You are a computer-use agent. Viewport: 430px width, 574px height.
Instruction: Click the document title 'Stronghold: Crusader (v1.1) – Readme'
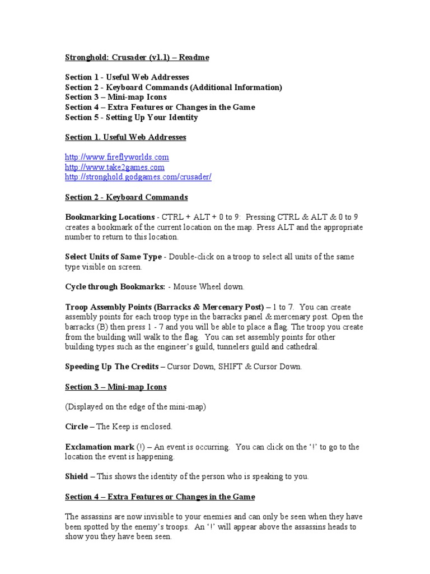137,58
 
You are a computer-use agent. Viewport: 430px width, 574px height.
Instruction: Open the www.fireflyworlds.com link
117,157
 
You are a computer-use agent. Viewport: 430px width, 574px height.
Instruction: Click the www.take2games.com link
115,167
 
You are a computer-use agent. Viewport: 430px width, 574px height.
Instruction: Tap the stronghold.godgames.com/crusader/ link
138,177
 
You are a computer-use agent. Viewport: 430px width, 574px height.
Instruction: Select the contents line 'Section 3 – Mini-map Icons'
116,98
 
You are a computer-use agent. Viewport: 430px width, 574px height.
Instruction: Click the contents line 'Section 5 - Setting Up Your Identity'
131,118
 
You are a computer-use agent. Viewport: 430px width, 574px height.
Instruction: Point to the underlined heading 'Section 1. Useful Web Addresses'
125,137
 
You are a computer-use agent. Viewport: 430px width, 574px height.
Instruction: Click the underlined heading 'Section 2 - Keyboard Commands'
127,197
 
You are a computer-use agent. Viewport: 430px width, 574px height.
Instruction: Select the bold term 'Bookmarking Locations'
110,217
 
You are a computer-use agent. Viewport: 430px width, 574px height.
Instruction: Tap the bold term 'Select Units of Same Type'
114,257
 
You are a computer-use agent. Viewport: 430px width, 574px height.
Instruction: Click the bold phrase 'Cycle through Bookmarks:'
115,287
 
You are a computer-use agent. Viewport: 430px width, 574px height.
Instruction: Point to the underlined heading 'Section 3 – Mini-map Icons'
116,387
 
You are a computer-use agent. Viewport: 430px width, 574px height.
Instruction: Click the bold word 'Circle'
77,427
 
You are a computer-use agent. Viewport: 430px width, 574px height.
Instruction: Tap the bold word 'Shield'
77,476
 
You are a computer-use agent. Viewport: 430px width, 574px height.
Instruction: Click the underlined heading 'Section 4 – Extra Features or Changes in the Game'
160,497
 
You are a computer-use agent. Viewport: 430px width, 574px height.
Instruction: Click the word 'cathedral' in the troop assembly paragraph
301,347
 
